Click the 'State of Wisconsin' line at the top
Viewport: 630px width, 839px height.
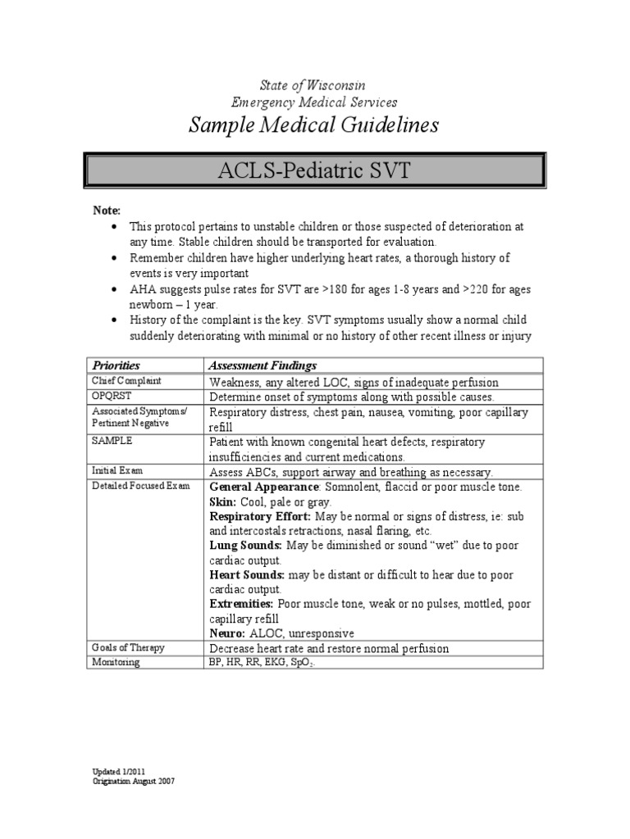point(313,85)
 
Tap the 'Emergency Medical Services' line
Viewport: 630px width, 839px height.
point(314,102)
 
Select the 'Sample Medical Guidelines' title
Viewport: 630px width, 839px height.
point(313,125)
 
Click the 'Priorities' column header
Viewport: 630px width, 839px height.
point(116,365)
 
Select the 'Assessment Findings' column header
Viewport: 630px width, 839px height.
point(262,365)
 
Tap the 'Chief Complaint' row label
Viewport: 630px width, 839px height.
point(126,381)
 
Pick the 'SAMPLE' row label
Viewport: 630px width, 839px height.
point(112,441)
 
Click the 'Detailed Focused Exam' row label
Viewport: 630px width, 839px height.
point(139,486)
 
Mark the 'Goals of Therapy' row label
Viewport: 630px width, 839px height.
point(128,647)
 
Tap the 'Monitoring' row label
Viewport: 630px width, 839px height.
point(116,662)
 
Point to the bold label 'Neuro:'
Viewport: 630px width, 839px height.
point(227,633)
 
